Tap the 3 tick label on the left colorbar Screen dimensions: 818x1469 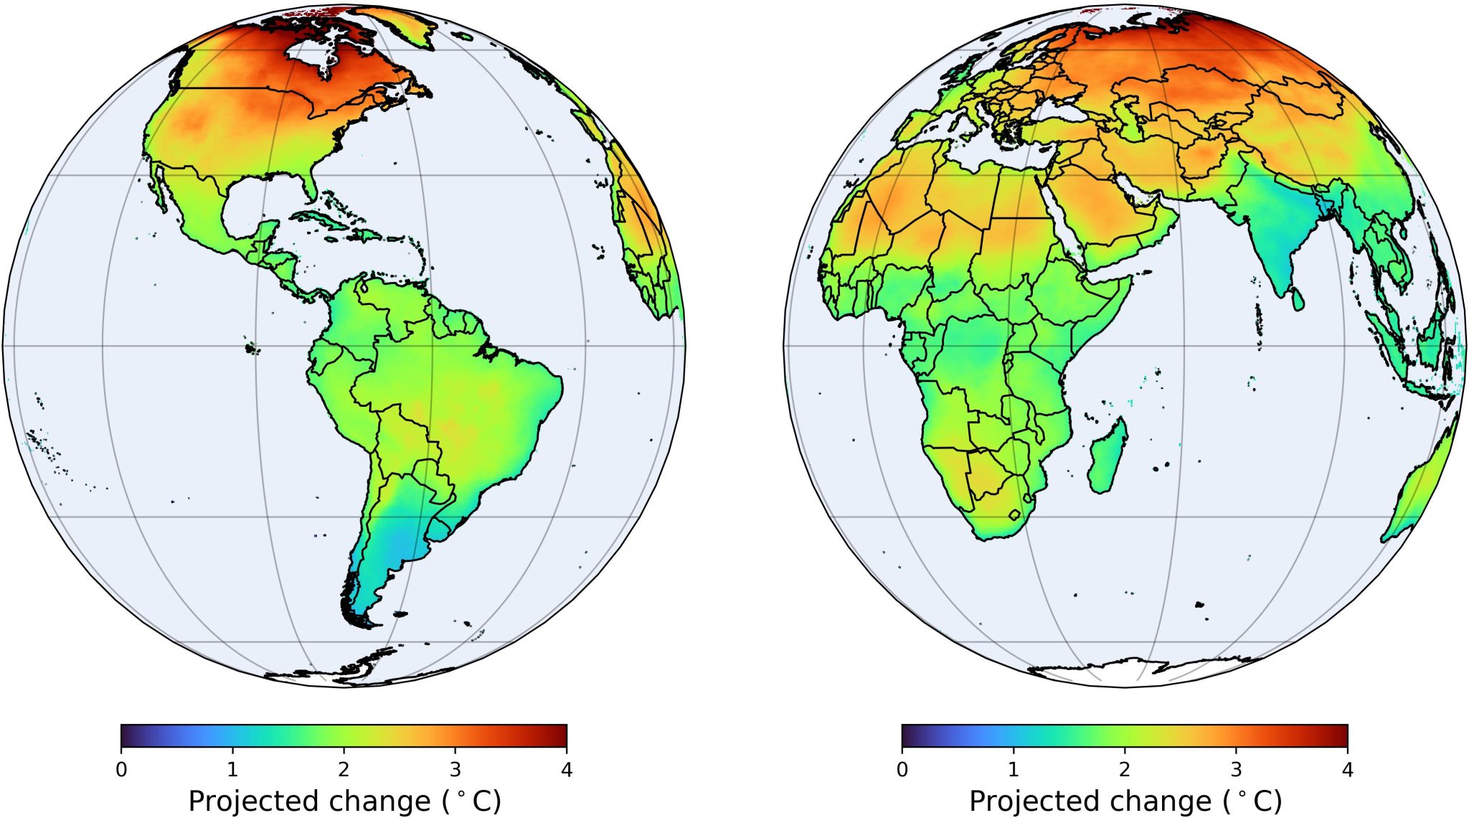click(455, 770)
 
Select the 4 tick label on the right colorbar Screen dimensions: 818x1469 click(1347, 770)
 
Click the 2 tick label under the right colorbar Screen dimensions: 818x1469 click(1124, 770)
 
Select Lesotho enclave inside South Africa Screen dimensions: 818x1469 click(1014, 514)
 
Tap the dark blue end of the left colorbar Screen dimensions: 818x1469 click(126, 735)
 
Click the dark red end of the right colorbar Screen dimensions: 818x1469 click(1343, 735)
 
